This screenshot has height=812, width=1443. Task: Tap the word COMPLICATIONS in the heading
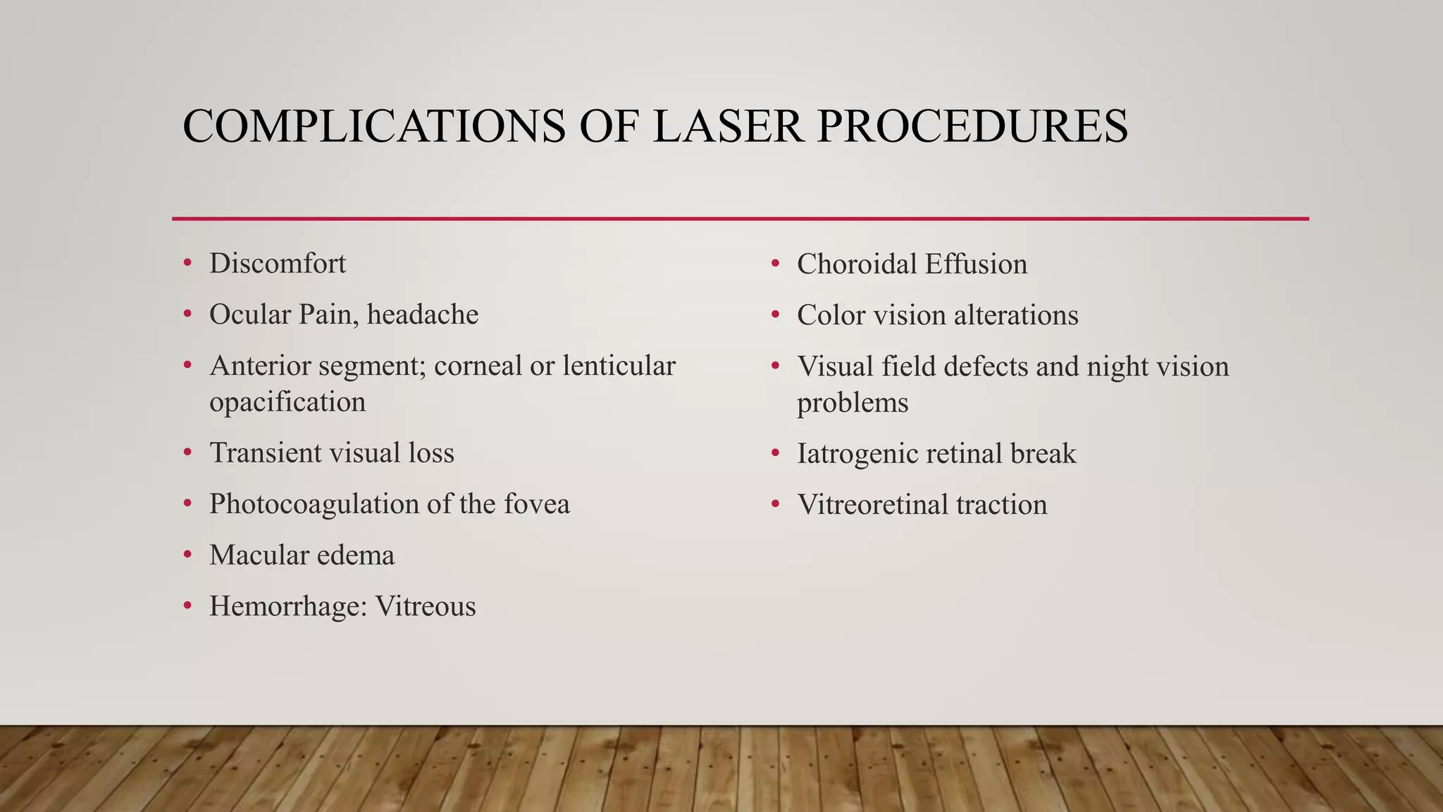pos(373,127)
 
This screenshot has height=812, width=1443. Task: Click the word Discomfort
pos(278,264)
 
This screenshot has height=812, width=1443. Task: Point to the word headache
pos(423,314)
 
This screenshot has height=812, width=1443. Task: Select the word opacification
pos(287,402)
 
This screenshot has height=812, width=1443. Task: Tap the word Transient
pos(264,453)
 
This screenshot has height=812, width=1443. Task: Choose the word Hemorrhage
pos(288,607)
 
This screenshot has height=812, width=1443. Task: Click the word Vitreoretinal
pos(872,505)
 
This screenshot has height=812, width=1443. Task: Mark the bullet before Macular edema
pos(187,555)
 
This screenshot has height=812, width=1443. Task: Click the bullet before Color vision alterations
pos(775,315)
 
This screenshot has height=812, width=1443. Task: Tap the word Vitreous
pos(426,607)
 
